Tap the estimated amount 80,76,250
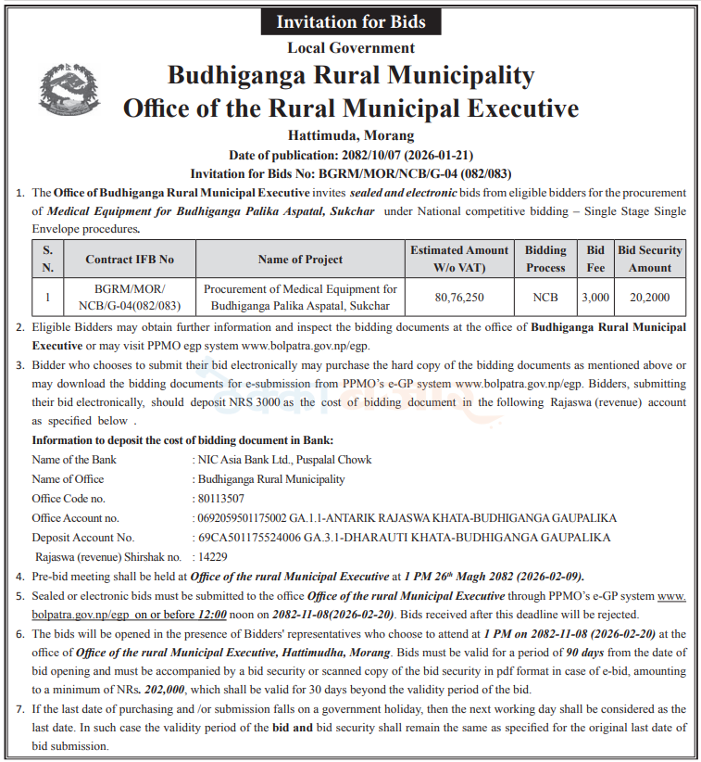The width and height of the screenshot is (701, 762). tap(459, 298)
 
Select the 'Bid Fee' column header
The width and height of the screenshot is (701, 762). tap(595, 259)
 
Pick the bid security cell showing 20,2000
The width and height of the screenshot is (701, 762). tap(649, 298)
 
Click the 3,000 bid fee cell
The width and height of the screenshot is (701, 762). tap(595, 298)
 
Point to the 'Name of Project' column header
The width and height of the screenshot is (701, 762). tap(300, 259)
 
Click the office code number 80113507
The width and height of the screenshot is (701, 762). tap(223, 499)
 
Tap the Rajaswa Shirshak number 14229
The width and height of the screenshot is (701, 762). tap(212, 556)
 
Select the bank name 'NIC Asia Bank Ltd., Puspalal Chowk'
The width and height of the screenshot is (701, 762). tap(284, 460)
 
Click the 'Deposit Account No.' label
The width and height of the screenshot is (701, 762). tap(83, 537)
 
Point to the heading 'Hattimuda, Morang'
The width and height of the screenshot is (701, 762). tap(350, 135)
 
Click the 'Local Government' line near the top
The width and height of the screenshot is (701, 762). tap(350, 48)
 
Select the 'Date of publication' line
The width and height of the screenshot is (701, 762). tap(350, 155)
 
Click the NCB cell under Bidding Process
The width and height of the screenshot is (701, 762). tap(545, 298)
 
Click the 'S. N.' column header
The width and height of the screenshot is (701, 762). tap(47, 259)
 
